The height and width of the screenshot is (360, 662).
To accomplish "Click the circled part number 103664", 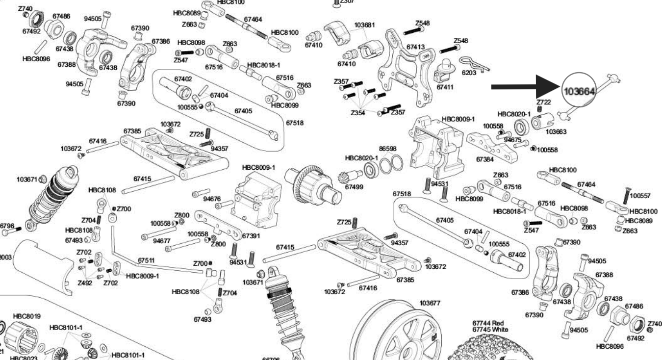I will (x=580, y=91).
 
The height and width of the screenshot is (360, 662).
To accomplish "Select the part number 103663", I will (x=556, y=131).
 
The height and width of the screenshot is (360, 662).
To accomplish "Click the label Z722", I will (x=544, y=102).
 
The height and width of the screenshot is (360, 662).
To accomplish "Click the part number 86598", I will (x=387, y=148).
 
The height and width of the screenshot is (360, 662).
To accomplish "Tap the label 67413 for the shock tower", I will (x=416, y=47).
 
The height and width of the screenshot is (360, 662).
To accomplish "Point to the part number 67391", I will (x=251, y=235).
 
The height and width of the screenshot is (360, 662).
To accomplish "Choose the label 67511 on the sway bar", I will (x=146, y=260).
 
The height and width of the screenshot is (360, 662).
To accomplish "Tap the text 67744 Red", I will (x=488, y=323).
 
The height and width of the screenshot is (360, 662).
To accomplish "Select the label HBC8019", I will (x=27, y=316).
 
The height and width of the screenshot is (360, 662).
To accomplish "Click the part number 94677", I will (x=161, y=241).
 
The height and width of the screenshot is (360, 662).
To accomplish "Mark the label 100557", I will (x=640, y=196).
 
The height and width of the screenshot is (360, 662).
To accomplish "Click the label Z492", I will (x=84, y=283).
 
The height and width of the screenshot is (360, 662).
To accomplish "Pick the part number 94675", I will (x=512, y=140).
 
